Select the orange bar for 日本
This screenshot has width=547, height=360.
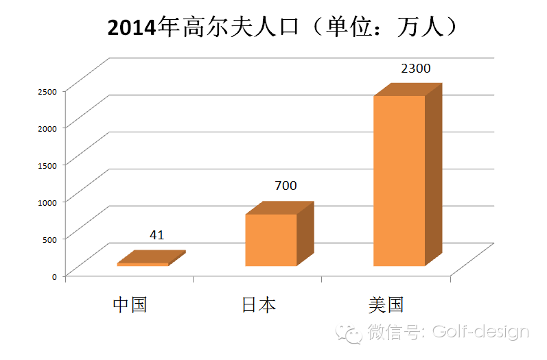(x=270, y=240)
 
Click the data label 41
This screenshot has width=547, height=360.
(x=156, y=235)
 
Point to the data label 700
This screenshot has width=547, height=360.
(x=286, y=186)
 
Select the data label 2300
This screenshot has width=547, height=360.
(x=415, y=69)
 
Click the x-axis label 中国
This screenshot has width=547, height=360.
(x=130, y=304)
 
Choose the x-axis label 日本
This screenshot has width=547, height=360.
(x=259, y=304)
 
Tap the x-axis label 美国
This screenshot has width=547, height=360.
(x=386, y=304)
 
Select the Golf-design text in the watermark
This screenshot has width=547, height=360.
(x=480, y=333)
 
